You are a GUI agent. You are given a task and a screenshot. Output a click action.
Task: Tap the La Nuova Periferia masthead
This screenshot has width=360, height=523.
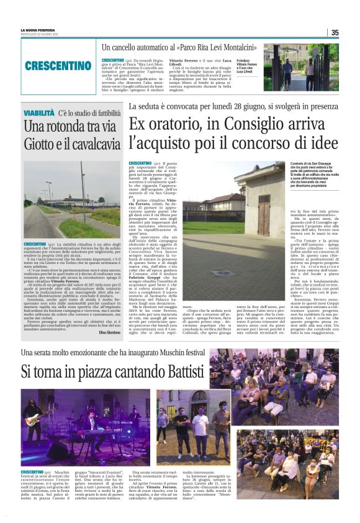click(x=38, y=29)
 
